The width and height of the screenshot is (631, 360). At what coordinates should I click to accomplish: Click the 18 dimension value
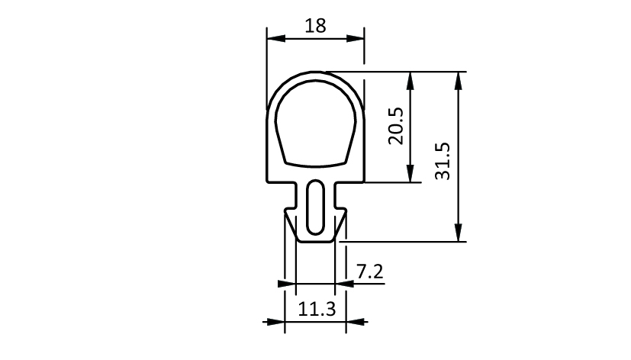pos(315,26)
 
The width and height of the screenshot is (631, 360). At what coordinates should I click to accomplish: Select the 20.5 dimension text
pos(396,126)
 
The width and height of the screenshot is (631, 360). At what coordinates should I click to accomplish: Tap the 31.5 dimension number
pos(443,161)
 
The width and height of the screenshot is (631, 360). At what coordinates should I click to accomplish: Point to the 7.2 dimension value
pos(370,272)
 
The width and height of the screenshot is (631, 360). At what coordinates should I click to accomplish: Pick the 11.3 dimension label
pos(317,310)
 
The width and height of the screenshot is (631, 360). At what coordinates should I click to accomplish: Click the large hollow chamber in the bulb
pos(316,124)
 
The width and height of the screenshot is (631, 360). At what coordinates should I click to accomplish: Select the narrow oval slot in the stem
pos(316,207)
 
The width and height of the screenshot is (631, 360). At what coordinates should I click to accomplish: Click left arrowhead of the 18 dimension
pos(276,39)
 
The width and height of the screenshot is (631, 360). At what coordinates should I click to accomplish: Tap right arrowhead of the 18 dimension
pos(355,39)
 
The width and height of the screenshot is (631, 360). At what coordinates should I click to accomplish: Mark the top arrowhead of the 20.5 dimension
pos(410,81)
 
